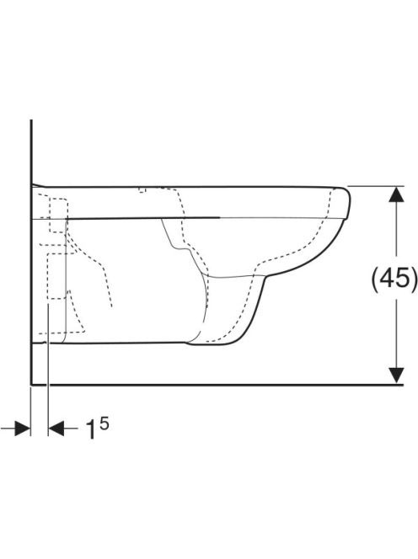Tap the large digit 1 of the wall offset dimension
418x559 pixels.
[x=91, y=429]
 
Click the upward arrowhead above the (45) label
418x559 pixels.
[x=396, y=195]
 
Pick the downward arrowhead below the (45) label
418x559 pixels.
[x=396, y=375]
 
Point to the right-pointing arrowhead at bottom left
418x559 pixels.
[x=22, y=429]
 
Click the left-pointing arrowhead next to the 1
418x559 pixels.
[x=56, y=429]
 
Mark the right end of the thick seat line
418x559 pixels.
[x=219, y=216]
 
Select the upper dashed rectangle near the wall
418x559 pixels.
[x=58, y=216]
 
